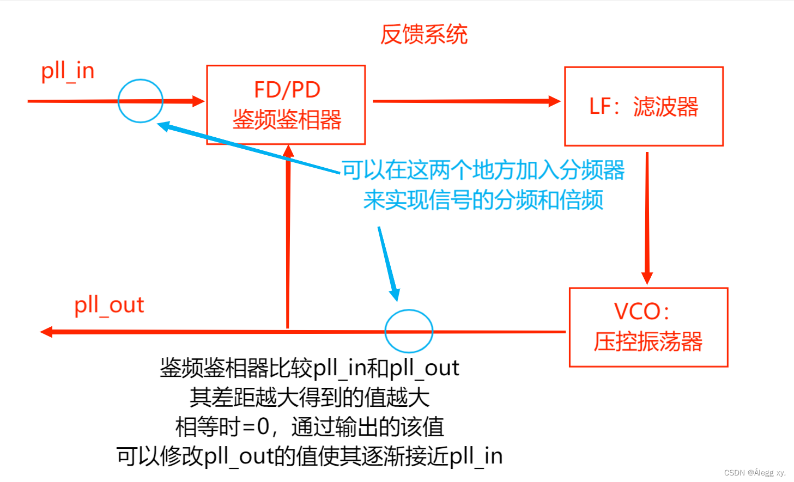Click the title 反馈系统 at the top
click(x=423, y=34)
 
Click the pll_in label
click(x=68, y=71)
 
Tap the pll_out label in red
click(x=109, y=306)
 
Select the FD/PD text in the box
click(x=287, y=90)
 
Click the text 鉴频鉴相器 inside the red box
click(x=287, y=120)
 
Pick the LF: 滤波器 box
click(x=644, y=107)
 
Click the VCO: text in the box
click(x=641, y=312)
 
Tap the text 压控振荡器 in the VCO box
click(x=648, y=342)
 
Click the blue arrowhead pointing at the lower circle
click(x=394, y=294)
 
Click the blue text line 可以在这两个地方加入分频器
click(x=483, y=170)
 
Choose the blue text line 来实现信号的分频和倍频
click(x=483, y=200)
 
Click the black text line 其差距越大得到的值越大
click(x=309, y=397)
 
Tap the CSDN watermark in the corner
click(x=755, y=473)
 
